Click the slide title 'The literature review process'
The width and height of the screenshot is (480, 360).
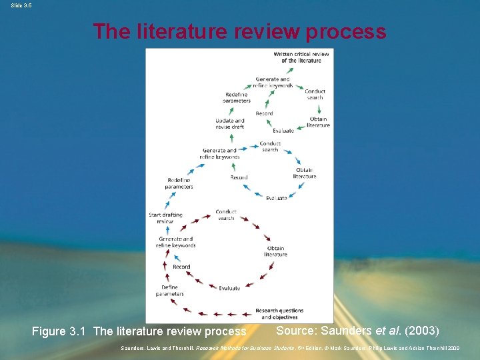coord(239,31)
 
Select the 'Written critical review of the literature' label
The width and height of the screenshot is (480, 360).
coord(301,57)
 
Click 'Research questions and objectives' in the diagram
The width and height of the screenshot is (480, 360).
coord(279,313)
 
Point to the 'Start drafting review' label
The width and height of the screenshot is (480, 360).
coord(165,218)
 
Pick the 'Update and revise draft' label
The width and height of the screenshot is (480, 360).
coord(229,124)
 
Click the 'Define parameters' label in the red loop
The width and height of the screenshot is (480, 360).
coord(169,291)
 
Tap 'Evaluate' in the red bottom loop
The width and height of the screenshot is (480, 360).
coord(229,288)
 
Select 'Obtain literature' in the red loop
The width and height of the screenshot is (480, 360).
coord(275,251)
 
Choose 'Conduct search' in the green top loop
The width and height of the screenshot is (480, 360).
coord(315,94)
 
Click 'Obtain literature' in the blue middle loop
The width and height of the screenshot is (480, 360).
coord(304,173)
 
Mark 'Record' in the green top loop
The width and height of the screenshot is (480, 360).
coord(264,113)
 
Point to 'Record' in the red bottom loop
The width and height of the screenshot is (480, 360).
coord(181,267)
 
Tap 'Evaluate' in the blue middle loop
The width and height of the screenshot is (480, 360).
coord(276,198)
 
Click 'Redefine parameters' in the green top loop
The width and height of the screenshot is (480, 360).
coord(237,97)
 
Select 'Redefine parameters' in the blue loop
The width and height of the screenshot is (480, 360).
coord(179,183)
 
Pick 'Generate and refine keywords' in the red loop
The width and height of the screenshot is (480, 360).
coord(175,242)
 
